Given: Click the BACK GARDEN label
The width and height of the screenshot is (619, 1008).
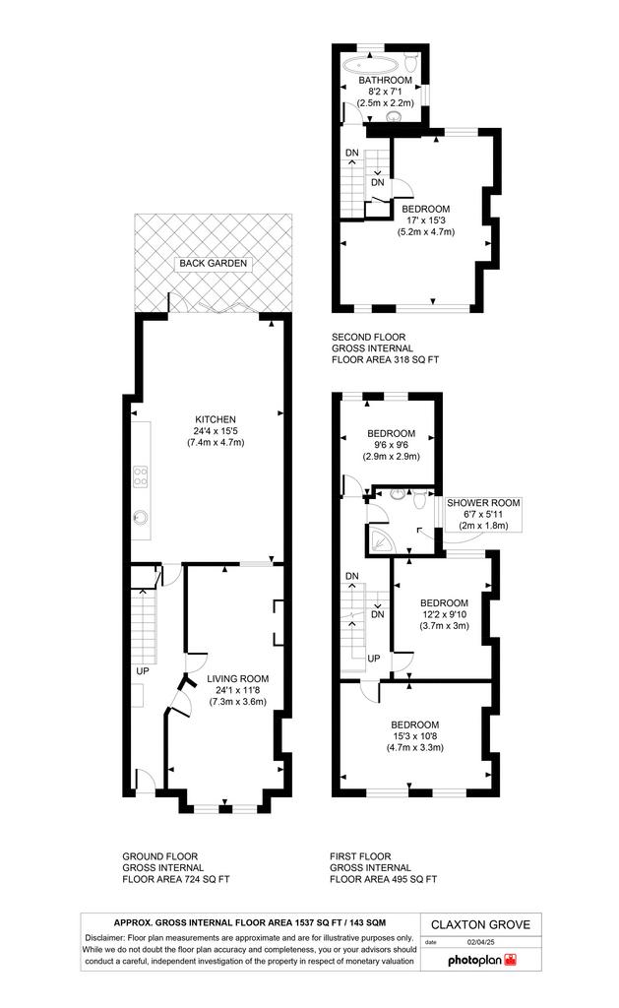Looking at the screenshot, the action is point(213,263).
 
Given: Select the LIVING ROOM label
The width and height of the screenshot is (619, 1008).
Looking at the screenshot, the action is point(238,678).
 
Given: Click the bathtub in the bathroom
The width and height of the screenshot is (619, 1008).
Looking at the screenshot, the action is point(370,64).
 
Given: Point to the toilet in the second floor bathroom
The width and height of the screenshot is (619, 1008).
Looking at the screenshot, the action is point(412,62).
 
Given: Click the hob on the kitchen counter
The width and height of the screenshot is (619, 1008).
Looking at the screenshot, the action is point(140,476).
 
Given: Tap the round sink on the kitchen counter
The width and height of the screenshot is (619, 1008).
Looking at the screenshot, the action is point(140,516).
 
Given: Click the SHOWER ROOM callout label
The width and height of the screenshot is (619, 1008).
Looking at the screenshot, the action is point(483,503).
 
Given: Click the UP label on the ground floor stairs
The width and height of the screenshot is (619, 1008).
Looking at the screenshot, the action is point(142,671).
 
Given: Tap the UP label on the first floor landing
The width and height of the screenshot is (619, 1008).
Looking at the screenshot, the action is point(373,659).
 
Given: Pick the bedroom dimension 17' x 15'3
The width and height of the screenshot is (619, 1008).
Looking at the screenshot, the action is point(425,220).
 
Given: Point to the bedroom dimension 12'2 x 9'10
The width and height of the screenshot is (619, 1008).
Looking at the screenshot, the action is point(444,614).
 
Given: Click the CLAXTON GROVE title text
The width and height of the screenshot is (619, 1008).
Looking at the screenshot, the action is point(481,924).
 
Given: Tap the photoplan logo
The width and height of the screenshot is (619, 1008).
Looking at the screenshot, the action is point(482,960).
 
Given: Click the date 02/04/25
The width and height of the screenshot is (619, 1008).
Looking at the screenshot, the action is point(481,942).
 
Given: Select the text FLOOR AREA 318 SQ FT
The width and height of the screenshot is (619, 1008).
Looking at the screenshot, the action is point(385,360).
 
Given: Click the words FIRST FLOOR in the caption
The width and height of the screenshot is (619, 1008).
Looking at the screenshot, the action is point(360,856).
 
